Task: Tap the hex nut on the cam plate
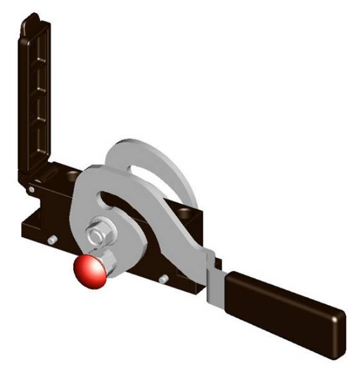(96, 236)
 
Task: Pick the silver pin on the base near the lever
(164, 279)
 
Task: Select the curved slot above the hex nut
(118, 203)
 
